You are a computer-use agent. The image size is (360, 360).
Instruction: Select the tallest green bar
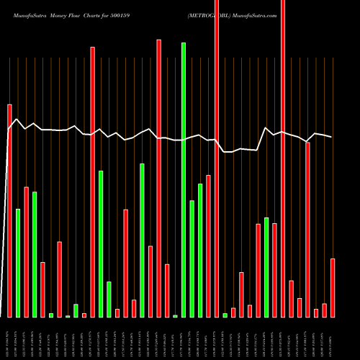point(184,180)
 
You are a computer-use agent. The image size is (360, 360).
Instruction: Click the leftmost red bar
point(10,210)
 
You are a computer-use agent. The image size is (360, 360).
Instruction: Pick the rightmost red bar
point(333,287)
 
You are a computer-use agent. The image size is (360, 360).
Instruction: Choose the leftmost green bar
point(18,263)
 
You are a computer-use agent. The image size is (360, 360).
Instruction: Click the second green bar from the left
point(35,254)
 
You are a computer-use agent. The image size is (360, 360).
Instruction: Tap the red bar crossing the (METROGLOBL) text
point(217,158)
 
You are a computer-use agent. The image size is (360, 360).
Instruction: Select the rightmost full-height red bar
point(283,158)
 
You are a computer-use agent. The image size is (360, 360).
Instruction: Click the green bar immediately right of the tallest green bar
point(192,258)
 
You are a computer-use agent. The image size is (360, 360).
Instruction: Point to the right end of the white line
point(332,137)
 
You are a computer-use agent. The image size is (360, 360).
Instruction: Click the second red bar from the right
point(324,310)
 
